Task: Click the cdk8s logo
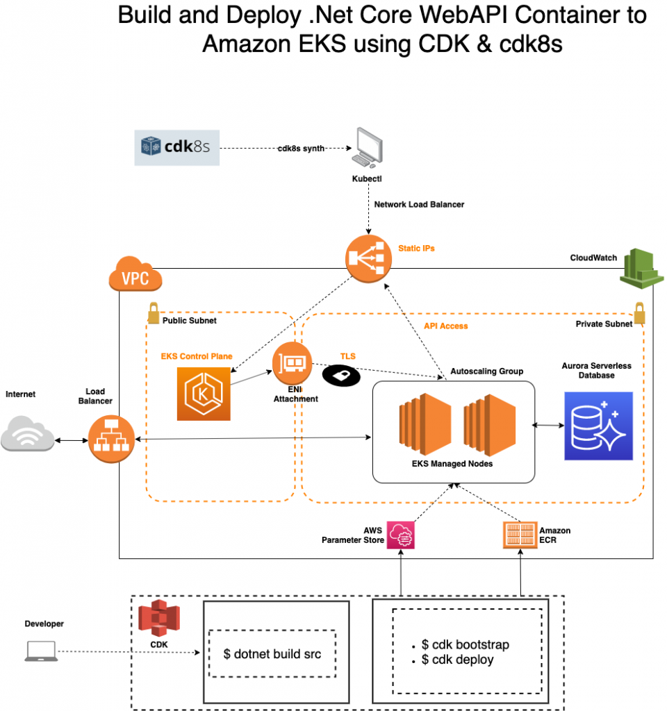coord(177,147)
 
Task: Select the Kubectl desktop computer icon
coord(367,149)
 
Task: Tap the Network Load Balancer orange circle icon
coord(367,259)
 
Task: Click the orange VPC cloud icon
coord(135,276)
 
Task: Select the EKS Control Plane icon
coord(204,394)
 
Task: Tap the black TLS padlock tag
coord(341,375)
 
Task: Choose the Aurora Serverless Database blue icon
coord(598,426)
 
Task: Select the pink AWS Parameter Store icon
coord(402,535)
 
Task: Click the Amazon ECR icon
coord(520,535)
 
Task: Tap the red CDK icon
coord(159,619)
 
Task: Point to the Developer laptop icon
coord(40,651)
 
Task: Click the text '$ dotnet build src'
coord(272,653)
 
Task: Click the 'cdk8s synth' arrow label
coord(301,149)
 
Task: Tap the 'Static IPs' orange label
coord(416,248)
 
